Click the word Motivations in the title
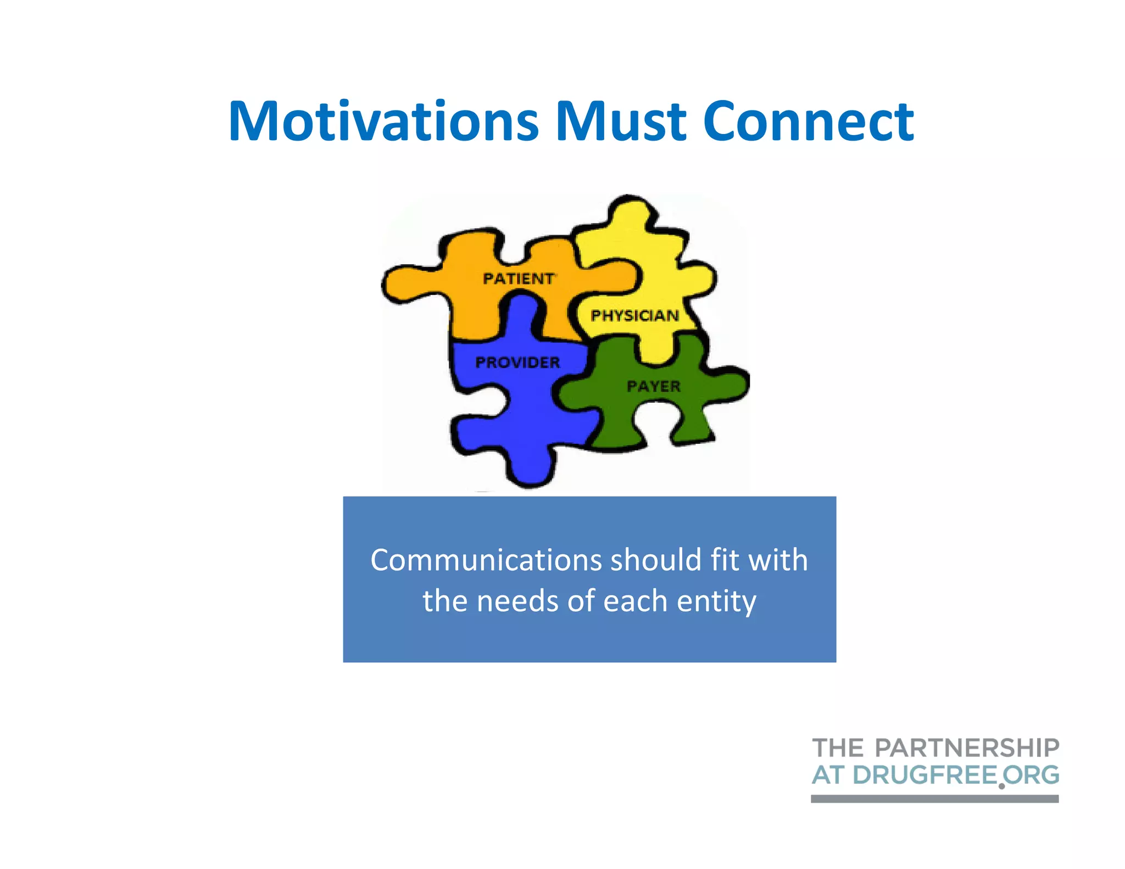383,121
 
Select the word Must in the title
621,121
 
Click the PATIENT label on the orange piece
519,279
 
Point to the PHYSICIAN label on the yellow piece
634,316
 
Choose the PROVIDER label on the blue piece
517,363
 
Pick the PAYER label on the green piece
654,387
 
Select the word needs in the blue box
517,601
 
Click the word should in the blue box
656,560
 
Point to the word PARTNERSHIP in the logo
967,748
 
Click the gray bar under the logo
934,799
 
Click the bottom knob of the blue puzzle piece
530,467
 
